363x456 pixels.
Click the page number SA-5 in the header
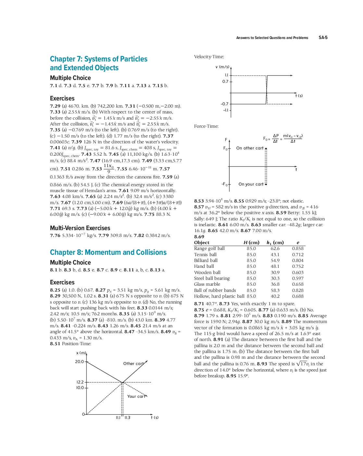323,37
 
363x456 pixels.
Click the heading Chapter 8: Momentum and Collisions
108,253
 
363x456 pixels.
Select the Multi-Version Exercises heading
80,228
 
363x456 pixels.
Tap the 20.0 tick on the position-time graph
79,361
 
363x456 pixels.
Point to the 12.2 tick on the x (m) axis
80,382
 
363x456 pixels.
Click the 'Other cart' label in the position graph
133,364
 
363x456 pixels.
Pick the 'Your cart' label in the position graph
136,397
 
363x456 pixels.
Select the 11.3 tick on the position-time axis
127,418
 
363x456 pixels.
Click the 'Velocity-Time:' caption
209,57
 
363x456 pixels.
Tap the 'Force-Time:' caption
206,126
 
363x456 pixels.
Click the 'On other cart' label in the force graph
250,148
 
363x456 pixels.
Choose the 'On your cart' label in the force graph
251,184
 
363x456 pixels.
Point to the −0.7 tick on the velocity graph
224,104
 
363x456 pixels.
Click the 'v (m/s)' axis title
222,67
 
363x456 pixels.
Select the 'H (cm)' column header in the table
251,242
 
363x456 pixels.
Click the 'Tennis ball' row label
205,254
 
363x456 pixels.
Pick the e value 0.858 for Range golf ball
297,248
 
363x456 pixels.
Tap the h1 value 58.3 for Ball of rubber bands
275,290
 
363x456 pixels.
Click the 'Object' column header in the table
202,242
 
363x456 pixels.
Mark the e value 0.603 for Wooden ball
297,272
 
